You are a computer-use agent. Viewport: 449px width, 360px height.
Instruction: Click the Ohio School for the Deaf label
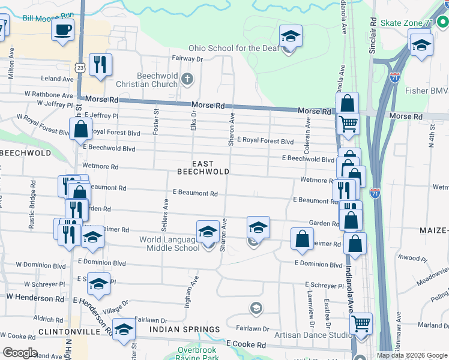coord(232,48)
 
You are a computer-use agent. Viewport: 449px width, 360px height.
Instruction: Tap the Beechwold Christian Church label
coord(157,80)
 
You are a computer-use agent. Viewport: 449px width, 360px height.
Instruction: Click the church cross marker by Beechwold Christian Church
coord(188,79)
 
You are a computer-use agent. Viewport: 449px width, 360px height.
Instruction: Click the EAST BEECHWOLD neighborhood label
coord(203,167)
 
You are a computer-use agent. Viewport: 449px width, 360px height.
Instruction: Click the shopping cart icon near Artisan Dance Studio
coord(361,323)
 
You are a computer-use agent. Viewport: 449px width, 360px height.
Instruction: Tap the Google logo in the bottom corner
coord(20,353)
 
